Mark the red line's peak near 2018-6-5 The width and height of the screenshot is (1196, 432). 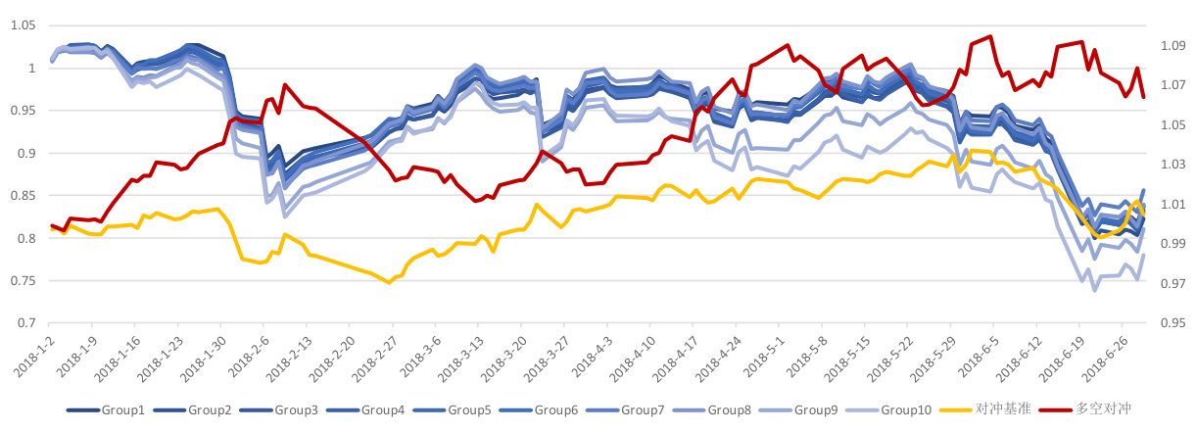tap(991, 37)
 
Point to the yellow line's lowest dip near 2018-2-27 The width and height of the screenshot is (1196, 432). tap(389, 282)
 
